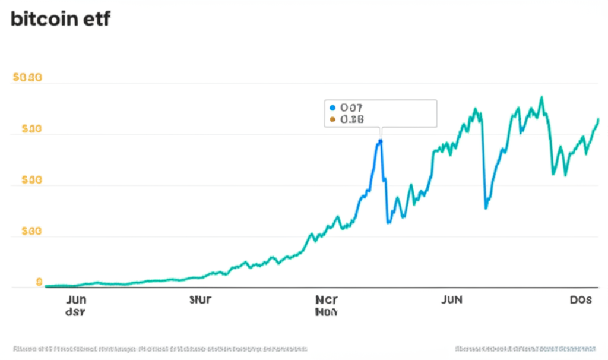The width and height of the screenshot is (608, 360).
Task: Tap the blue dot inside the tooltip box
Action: pyautogui.click(x=332, y=108)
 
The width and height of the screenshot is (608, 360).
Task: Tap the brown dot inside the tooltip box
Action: pyautogui.click(x=332, y=119)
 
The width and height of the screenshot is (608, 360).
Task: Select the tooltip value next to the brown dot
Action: pyautogui.click(x=351, y=119)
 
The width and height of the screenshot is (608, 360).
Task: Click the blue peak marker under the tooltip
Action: pyautogui.click(x=380, y=141)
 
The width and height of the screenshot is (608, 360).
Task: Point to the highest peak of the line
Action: pyautogui.click(x=541, y=97)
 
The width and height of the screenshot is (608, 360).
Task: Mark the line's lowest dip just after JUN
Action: pyautogui.click(x=486, y=208)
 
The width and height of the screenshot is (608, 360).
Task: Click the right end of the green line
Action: pyautogui.click(x=598, y=119)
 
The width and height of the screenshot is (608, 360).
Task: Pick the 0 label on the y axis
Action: pyautogui.click(x=39, y=282)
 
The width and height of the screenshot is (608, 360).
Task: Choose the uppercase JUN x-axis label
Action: pyautogui.click(x=452, y=300)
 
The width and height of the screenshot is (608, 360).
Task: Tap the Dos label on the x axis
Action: pyautogui.click(x=580, y=300)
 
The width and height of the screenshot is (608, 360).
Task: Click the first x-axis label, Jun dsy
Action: pyautogui.click(x=75, y=305)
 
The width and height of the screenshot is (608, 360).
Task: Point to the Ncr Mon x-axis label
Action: pyautogui.click(x=327, y=305)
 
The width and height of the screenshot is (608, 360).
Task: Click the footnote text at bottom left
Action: pyautogui.click(x=160, y=348)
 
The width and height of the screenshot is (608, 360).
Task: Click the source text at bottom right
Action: pyautogui.click(x=525, y=348)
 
